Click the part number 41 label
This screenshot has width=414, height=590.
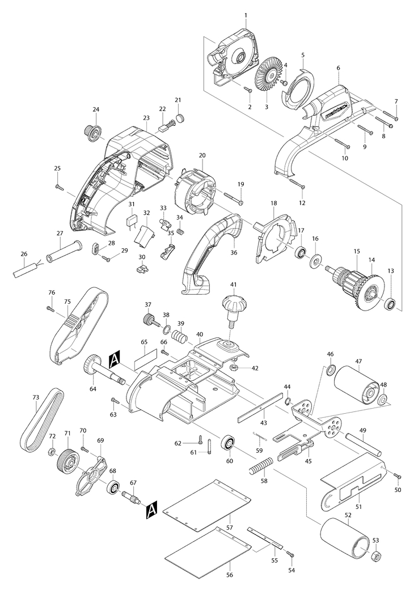232,283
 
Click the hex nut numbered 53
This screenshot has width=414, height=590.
375,556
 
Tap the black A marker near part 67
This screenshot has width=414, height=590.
151,511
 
